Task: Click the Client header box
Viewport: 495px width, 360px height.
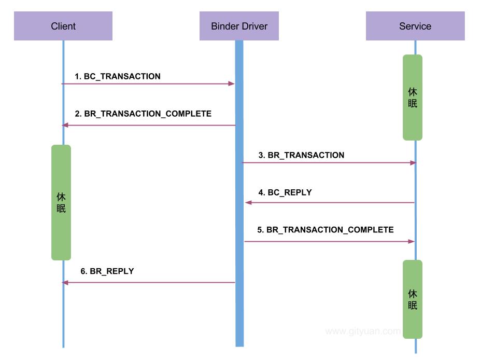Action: pyautogui.click(x=63, y=26)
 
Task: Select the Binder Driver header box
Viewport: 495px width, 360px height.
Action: pyautogui.click(x=239, y=26)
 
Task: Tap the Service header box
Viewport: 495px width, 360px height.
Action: pyautogui.click(x=415, y=26)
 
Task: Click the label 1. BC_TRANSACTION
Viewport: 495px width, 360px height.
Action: pyautogui.click(x=118, y=76)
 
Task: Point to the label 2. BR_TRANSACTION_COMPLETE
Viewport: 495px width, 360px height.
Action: pyautogui.click(x=143, y=114)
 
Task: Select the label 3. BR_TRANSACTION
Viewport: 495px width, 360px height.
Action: pyautogui.click(x=301, y=155)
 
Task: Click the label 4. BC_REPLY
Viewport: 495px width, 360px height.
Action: pyautogui.click(x=285, y=192)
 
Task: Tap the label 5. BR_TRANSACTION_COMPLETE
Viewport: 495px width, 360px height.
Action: pyautogui.click(x=326, y=230)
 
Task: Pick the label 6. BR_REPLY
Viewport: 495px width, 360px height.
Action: pyautogui.click(x=107, y=271)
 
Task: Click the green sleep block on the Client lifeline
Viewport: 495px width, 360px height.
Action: pyautogui.click(x=61, y=202)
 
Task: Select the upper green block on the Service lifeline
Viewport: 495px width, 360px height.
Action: pyautogui.click(x=413, y=98)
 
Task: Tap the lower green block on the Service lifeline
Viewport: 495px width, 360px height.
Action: pyautogui.click(x=413, y=299)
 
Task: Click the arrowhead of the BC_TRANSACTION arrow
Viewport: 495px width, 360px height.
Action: pyautogui.click(x=232, y=84)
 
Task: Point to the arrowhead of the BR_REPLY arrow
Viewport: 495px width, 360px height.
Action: pyautogui.click(x=65, y=283)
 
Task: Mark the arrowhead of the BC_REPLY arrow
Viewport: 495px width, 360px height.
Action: pyautogui.click(x=248, y=203)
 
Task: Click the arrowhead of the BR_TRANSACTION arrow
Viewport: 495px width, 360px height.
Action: pyautogui.click(x=414, y=163)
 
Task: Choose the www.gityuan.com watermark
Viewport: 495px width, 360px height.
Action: pyautogui.click(x=362, y=331)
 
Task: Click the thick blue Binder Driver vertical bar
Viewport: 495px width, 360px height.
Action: pyautogui.click(x=239, y=207)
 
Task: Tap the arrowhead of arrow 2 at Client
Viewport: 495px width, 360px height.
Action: pyautogui.click(x=65, y=125)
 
